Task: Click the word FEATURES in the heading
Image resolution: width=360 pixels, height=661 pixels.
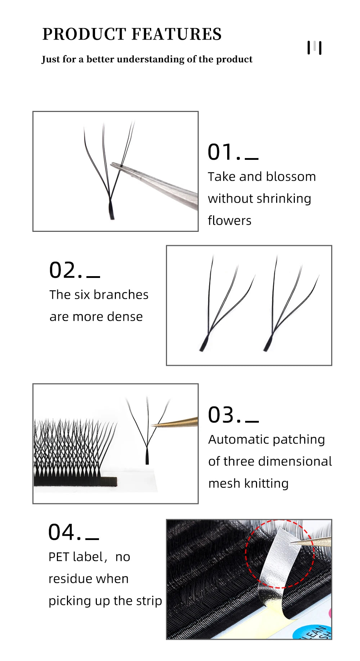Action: pos(176,34)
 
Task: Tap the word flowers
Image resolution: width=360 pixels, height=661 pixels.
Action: pos(229,220)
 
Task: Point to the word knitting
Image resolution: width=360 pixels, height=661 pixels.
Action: pos(266,483)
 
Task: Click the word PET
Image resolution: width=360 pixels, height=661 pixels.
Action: pos(59,557)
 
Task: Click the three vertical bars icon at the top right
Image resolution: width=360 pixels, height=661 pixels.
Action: pos(314,48)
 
